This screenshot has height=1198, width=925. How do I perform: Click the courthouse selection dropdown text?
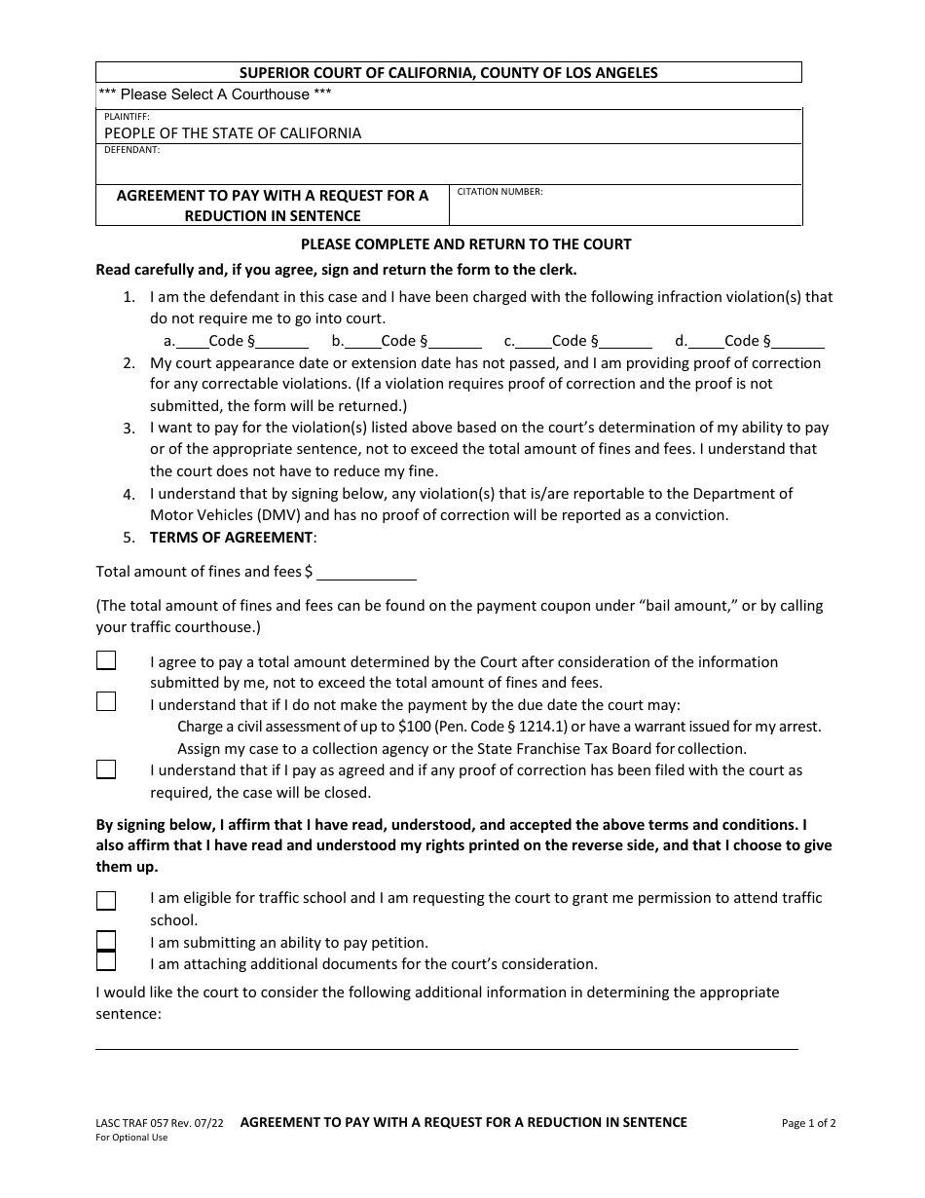tap(215, 94)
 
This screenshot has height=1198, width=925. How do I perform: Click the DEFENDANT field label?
tap(131, 151)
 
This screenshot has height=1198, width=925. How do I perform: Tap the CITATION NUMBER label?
tap(499, 192)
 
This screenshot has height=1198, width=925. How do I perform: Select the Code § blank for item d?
tap(799, 342)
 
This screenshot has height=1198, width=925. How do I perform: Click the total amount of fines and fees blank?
tap(366, 573)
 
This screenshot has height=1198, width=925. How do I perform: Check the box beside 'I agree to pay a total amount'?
tap(106, 661)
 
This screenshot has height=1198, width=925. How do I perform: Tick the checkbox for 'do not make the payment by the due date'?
tap(106, 702)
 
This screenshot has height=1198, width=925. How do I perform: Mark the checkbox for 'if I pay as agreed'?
tap(106, 769)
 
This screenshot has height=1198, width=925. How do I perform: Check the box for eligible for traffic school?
tap(106, 900)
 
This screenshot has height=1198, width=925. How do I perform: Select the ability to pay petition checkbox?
tap(106, 941)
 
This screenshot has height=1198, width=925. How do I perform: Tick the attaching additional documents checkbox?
tap(106, 962)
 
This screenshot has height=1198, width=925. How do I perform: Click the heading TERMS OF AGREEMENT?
tap(232, 538)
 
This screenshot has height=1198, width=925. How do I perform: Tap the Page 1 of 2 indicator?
tap(808, 1123)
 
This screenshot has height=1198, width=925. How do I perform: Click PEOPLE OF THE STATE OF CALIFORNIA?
tap(233, 133)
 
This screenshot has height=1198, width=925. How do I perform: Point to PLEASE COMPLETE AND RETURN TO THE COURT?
tap(465, 244)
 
